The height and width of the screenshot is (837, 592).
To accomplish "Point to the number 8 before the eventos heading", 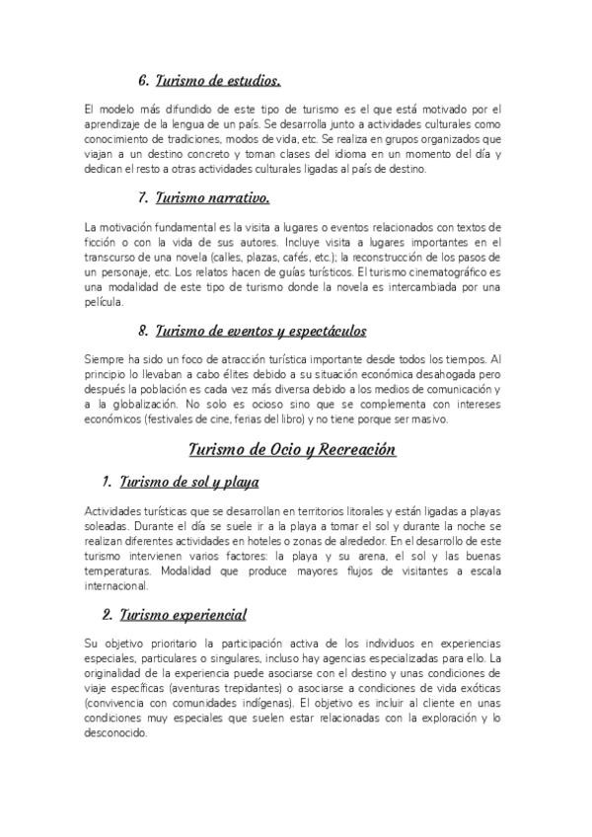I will [x=144, y=332].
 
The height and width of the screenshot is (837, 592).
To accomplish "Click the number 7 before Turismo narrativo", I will [x=144, y=199].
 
